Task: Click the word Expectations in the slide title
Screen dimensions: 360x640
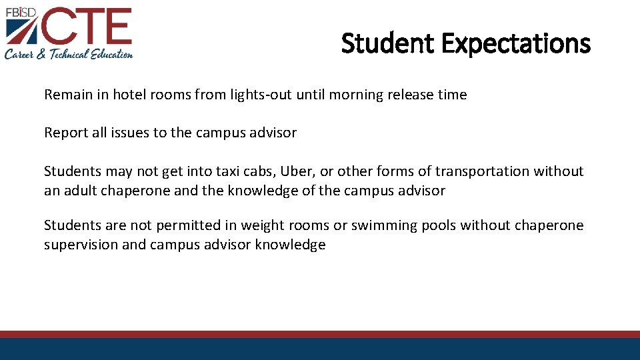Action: pyautogui.click(x=515, y=44)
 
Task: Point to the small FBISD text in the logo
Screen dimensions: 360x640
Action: pyautogui.click(x=20, y=11)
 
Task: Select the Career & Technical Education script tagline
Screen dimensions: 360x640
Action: pyautogui.click(x=69, y=54)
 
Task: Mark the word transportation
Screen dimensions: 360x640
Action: pyautogui.click(x=486, y=171)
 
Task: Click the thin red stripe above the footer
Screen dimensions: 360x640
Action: pyautogui.click(x=320, y=334)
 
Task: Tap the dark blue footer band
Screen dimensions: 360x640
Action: pyautogui.click(x=320, y=349)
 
